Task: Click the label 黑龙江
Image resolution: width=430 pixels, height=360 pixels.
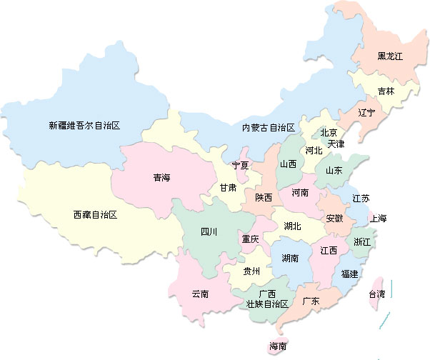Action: click(x=391, y=56)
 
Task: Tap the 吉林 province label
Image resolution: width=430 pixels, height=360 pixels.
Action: click(x=386, y=91)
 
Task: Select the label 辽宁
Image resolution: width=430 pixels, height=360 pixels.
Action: click(x=367, y=113)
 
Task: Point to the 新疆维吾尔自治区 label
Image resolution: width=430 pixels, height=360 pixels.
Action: click(x=84, y=125)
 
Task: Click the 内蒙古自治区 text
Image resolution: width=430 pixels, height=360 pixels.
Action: click(x=268, y=128)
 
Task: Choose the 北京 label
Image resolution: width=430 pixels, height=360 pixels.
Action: click(x=329, y=132)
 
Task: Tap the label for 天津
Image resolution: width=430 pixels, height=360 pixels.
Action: click(x=336, y=144)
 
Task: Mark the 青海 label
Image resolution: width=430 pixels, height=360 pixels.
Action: click(x=161, y=177)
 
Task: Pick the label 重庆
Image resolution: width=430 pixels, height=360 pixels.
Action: click(x=250, y=239)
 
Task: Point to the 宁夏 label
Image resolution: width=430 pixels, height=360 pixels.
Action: click(x=241, y=166)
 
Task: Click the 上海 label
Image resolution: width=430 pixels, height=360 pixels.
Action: click(x=378, y=219)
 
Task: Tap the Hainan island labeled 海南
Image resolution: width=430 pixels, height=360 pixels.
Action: click(x=278, y=346)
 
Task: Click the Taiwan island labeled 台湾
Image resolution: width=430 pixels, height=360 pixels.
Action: click(x=376, y=294)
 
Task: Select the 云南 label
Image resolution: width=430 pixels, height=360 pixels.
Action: click(x=200, y=294)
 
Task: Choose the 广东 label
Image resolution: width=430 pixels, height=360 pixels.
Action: click(x=311, y=301)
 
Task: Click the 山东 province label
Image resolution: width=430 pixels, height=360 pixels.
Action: click(x=334, y=171)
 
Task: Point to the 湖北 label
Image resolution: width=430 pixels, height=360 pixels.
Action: click(x=292, y=226)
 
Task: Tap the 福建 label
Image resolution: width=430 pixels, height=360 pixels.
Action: click(x=350, y=274)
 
